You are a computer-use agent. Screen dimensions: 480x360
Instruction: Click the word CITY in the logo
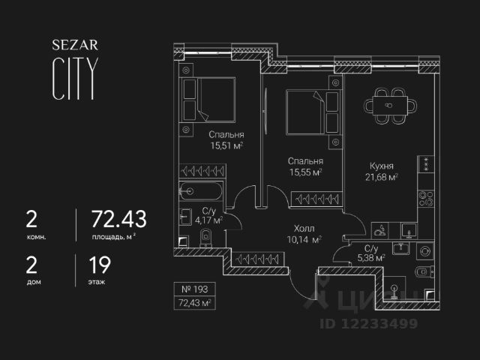click(x=73, y=79)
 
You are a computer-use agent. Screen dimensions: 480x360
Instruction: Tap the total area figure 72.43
click(x=118, y=220)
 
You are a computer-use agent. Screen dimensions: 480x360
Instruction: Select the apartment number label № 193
click(x=193, y=289)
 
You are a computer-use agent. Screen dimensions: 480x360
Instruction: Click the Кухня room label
click(x=382, y=166)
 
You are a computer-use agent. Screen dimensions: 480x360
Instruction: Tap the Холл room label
click(x=304, y=229)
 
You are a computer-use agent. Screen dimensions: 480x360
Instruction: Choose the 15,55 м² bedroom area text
click(x=306, y=172)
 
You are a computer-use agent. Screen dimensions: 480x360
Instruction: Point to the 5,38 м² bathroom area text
click(x=370, y=257)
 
